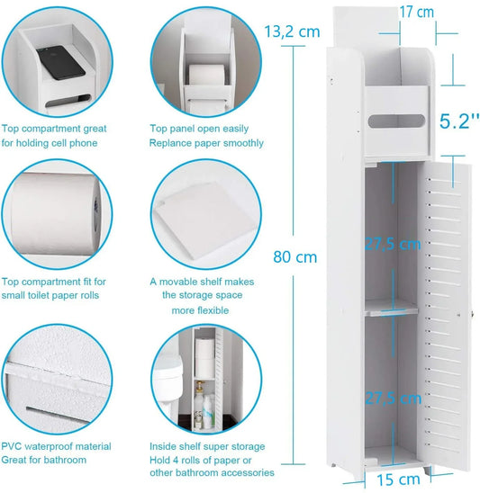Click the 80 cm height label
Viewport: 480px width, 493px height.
point(294,256)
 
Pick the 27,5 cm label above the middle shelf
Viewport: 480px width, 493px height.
point(392,244)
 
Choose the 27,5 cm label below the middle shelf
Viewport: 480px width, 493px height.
point(392,399)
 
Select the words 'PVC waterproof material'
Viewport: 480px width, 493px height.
point(57,446)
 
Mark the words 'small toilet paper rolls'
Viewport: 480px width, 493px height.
point(58,295)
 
